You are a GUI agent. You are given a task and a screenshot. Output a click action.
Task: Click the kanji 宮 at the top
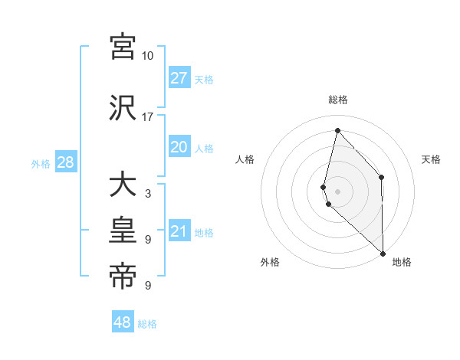coord(123,47)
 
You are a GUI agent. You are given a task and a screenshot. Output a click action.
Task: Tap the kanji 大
coord(123,186)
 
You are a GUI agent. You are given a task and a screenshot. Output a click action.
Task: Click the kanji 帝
coord(123,277)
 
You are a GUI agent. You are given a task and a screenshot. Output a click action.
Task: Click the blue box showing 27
coord(179,78)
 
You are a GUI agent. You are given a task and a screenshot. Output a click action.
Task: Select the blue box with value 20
coord(179,147)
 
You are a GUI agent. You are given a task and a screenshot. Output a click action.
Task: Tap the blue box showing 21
coord(179,231)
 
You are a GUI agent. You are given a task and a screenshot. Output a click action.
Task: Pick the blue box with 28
coord(65,162)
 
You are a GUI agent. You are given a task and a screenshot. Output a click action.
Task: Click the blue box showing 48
coord(123,322)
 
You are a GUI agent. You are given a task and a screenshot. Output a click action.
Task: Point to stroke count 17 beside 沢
coord(147,117)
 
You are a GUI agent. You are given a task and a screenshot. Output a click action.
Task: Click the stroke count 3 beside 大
coord(147,194)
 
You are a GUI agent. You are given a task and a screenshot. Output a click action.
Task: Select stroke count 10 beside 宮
coord(147,56)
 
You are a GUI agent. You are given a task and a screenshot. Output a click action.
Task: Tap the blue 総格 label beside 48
coord(147,324)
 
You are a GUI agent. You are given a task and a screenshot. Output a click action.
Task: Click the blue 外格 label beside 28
coord(41,163)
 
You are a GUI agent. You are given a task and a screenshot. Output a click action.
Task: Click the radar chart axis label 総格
coord(338,100)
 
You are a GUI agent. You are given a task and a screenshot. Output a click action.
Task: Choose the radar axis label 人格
coord(245,159)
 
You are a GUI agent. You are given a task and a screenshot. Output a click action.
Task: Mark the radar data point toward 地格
coord(383,253)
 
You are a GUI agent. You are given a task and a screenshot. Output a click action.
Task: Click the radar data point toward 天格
coord(382,178)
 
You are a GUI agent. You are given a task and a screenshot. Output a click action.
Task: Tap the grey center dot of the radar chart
coord(338,191)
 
